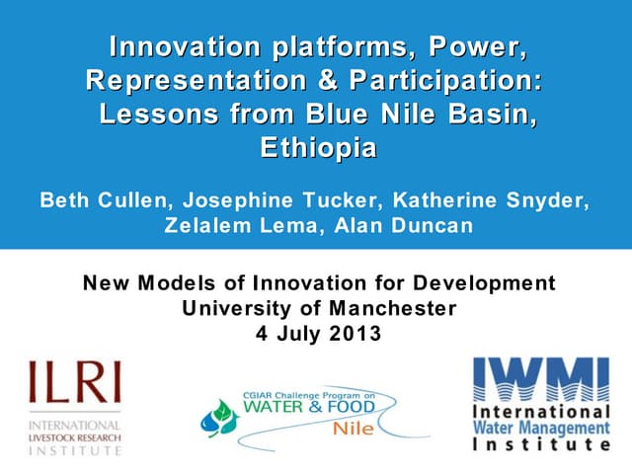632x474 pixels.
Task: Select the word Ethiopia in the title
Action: coord(317,149)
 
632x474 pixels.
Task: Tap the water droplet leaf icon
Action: coord(220,419)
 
